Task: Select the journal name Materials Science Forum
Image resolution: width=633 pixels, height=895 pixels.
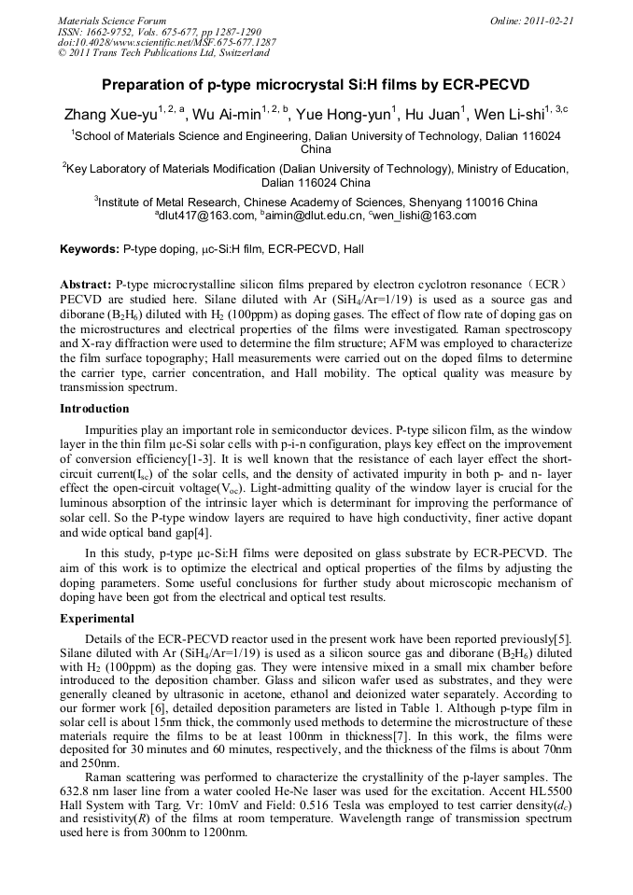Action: click(112, 21)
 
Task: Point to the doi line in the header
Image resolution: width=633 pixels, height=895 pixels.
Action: click(167, 42)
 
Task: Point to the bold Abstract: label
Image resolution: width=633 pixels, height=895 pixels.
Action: click(86, 283)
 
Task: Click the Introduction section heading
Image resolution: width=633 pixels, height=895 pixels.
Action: click(94, 409)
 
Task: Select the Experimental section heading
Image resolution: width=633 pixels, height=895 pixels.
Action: click(97, 619)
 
